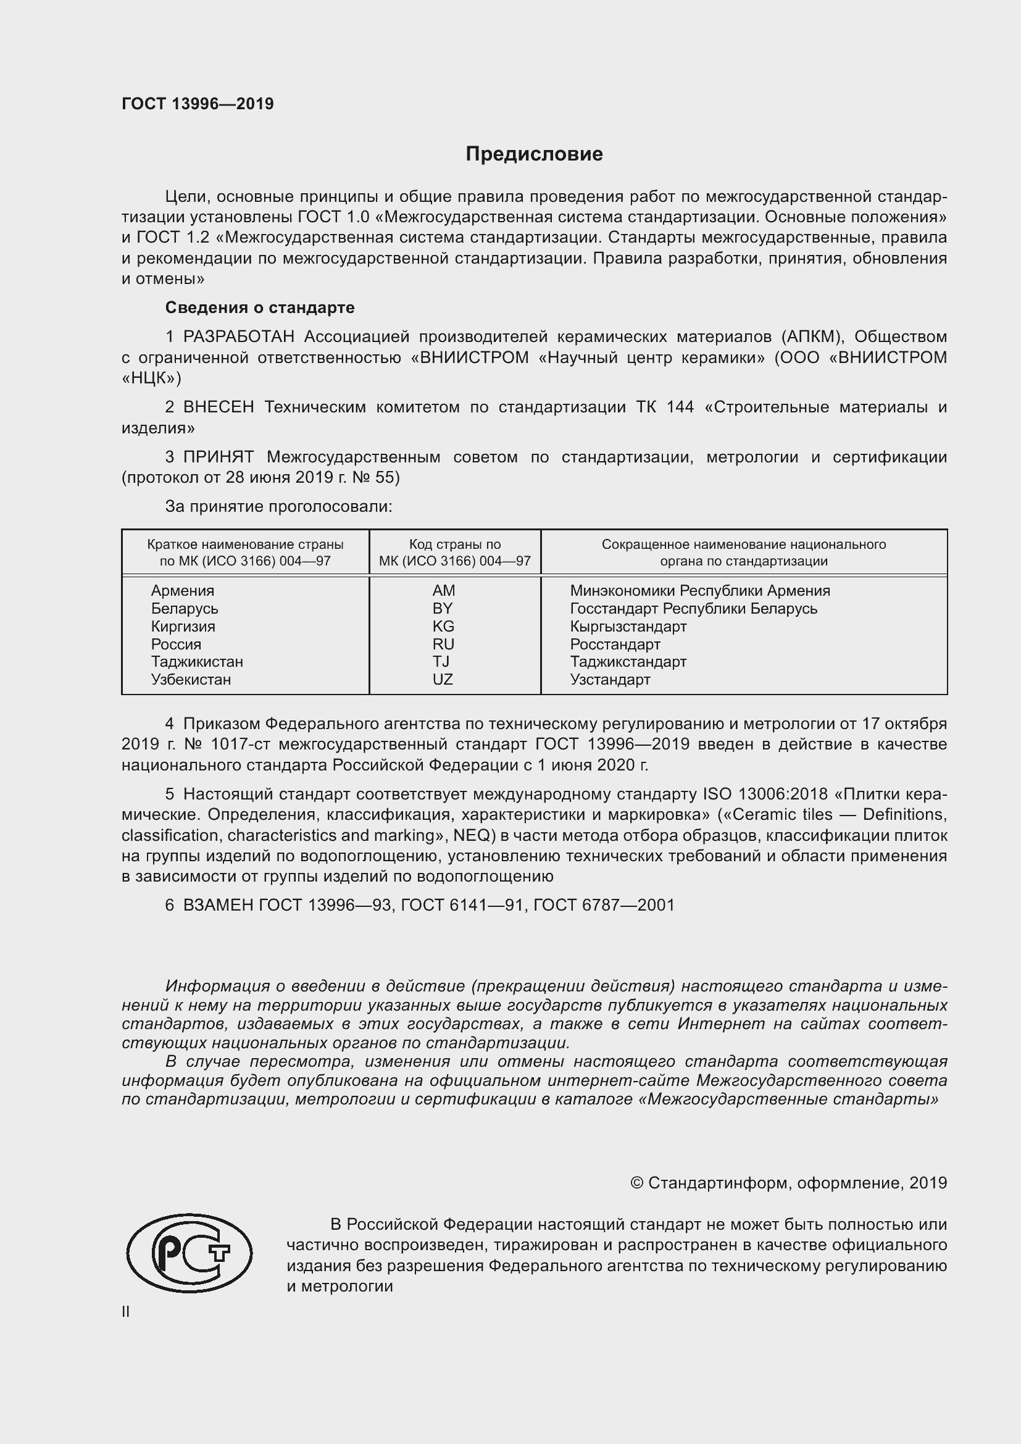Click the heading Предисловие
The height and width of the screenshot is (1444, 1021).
[x=534, y=154]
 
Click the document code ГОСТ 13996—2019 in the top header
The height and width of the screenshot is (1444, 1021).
[x=198, y=104]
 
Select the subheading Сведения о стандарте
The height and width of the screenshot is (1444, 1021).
[x=260, y=307]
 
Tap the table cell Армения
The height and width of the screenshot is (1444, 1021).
[x=182, y=591]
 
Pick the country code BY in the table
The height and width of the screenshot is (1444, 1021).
[x=443, y=608]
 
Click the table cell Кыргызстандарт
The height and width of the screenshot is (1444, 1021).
[x=628, y=627]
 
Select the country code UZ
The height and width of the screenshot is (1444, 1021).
[x=443, y=679]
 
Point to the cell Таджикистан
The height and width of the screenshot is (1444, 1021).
[x=197, y=662]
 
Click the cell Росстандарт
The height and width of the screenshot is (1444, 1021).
[x=615, y=644]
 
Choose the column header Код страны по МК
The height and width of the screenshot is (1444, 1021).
[x=454, y=552]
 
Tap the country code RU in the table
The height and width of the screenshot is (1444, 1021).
[x=443, y=644]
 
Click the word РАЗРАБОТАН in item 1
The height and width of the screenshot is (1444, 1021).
[x=239, y=337]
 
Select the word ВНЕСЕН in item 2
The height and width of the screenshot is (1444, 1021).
[x=219, y=407]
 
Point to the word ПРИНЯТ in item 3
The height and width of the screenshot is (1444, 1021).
[x=219, y=457]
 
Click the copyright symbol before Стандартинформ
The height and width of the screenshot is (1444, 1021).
[x=636, y=1183]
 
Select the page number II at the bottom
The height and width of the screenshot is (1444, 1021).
[x=126, y=1311]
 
